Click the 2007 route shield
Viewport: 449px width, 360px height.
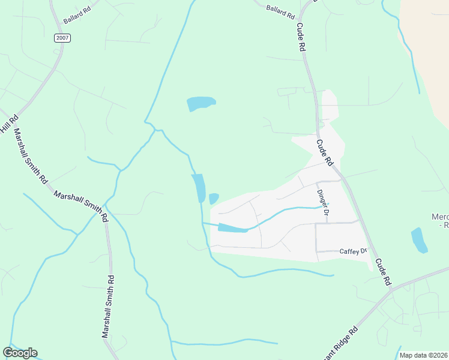(62, 38)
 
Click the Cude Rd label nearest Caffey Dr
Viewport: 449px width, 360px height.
(383, 271)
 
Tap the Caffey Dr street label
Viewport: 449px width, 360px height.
(353, 251)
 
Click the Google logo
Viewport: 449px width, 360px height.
(20, 353)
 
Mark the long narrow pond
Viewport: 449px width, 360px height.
(198, 188)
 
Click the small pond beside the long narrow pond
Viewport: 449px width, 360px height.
(213, 198)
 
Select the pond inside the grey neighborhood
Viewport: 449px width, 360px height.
(232, 228)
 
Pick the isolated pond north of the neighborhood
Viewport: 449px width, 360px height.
(200, 103)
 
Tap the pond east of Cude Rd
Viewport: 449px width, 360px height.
(419, 240)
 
